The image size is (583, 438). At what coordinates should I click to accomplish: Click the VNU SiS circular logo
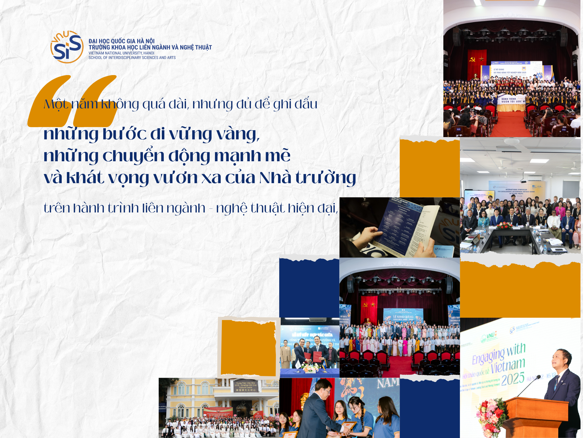point(67,47)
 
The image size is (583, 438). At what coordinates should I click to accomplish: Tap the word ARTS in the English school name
point(171,58)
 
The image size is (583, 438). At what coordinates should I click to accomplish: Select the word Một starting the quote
point(56,104)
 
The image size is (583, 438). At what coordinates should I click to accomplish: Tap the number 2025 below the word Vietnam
point(513,379)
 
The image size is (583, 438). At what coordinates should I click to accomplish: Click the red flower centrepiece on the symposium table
point(505,225)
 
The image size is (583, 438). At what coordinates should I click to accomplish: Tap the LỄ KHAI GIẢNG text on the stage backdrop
point(403,317)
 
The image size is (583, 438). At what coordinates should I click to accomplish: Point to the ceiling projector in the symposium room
point(523,181)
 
